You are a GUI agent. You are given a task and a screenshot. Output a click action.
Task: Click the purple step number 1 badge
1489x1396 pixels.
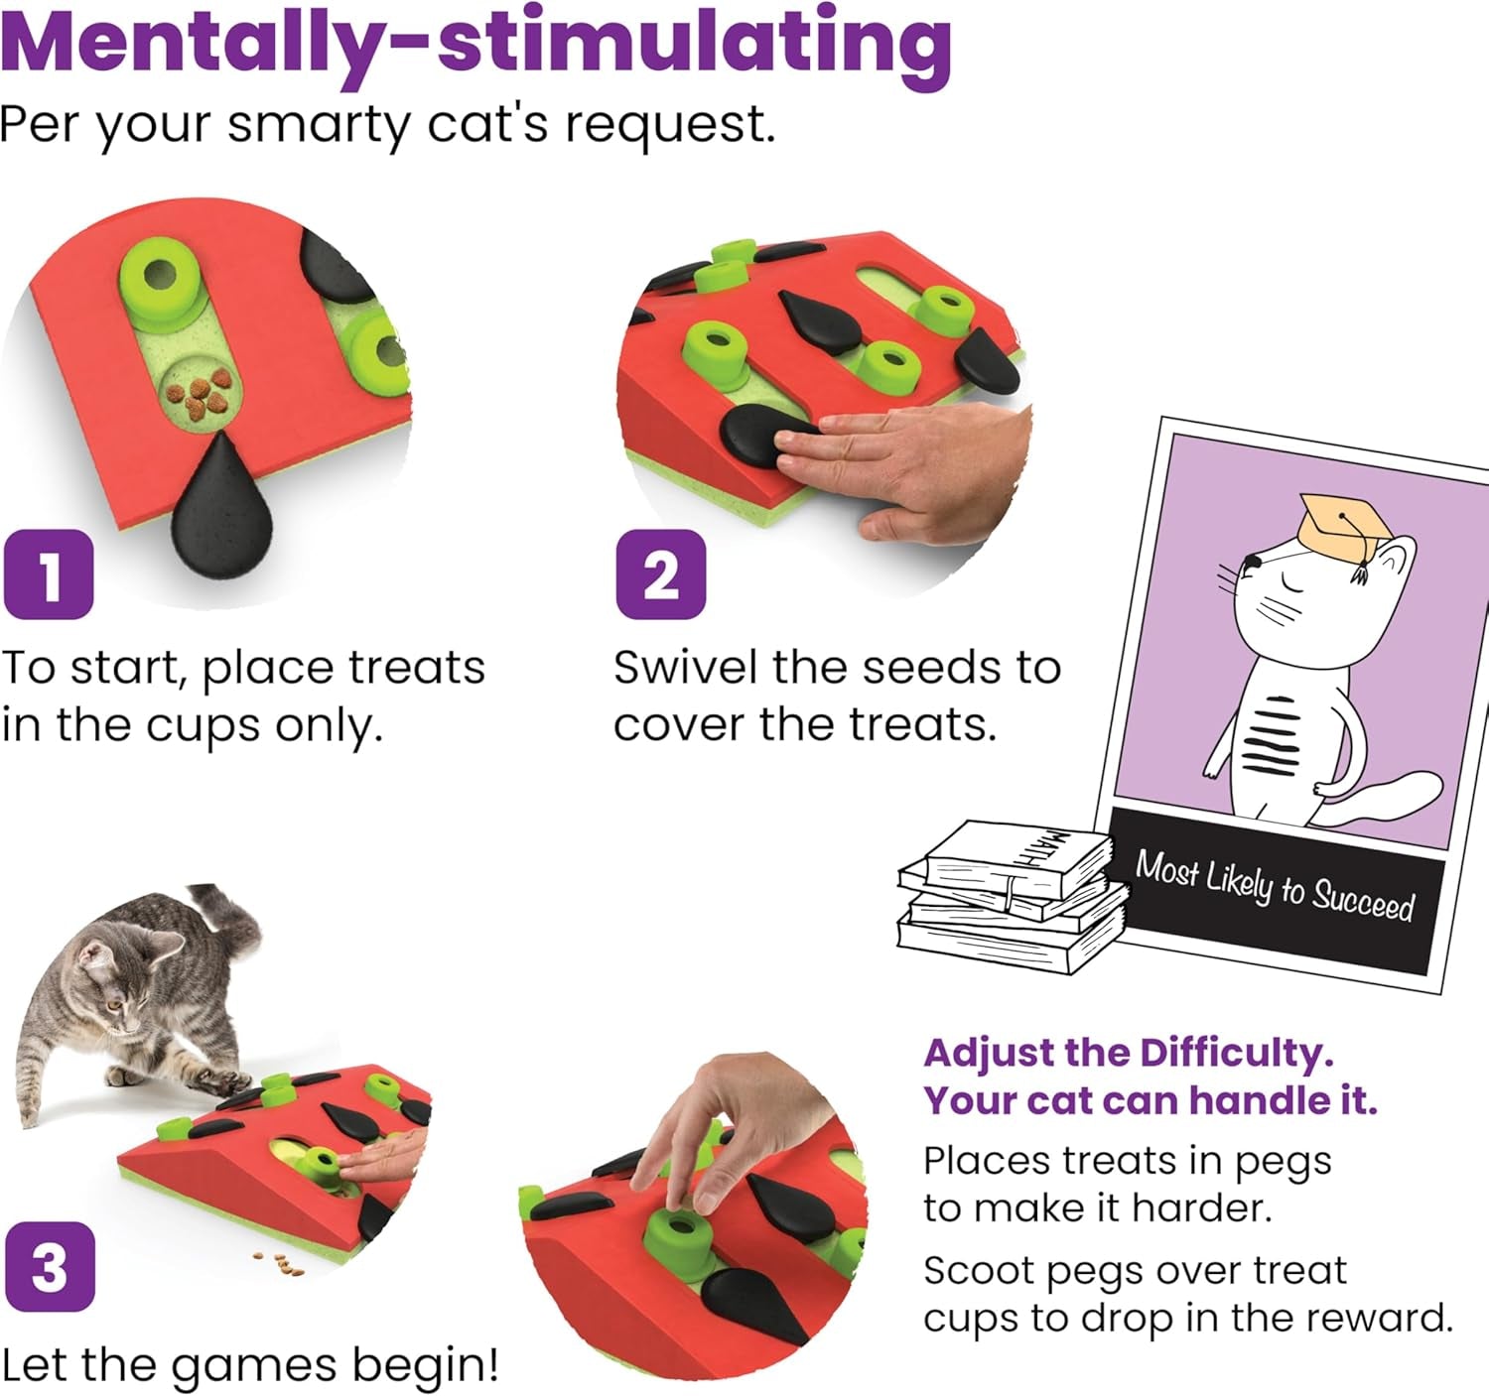(49, 574)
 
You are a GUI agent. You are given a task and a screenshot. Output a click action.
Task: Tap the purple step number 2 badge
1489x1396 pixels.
(661, 574)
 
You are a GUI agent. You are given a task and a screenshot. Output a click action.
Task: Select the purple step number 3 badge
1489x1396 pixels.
(50, 1267)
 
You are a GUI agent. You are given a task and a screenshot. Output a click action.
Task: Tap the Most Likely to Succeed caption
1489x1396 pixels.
(1275, 886)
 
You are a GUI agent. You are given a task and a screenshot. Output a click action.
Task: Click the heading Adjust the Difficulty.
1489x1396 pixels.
(1128, 1053)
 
